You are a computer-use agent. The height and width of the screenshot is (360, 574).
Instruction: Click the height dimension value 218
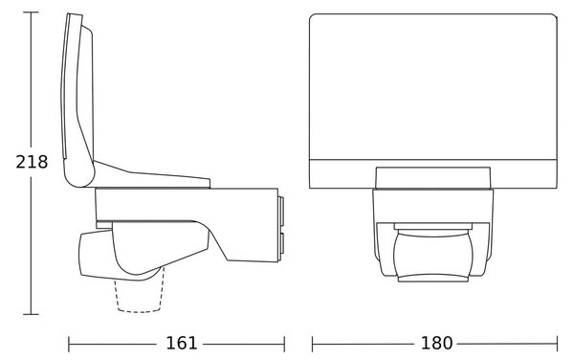[32, 162]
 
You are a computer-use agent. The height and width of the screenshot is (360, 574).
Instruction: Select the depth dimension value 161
[182, 343]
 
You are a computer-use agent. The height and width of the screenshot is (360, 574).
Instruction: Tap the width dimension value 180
[437, 343]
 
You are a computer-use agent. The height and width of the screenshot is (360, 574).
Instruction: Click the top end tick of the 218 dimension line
[31, 12]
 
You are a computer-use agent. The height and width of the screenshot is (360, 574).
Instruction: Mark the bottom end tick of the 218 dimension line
[31, 314]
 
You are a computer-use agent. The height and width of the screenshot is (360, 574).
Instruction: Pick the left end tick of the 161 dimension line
[69, 345]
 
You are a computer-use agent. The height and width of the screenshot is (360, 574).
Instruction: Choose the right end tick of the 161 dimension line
[284, 345]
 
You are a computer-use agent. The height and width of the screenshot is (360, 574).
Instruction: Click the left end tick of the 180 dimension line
[312, 345]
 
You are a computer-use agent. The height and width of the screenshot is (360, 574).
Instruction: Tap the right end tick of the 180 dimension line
[557, 345]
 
